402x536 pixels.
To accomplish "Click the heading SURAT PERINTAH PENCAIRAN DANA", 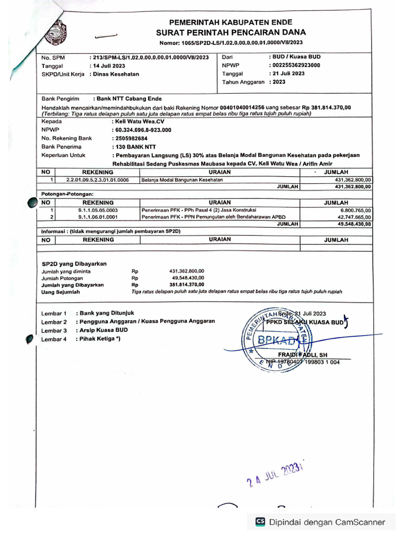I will coord(231,32).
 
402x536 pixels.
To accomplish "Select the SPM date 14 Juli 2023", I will coord(108,66).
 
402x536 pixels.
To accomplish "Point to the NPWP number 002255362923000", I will coord(295,65).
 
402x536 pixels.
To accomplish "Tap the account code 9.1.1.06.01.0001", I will coord(97,217).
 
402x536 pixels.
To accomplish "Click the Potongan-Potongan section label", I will coord(67,194).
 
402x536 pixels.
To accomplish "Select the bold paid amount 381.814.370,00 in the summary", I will coord(187,285).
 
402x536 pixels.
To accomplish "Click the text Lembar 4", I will coord(54,339).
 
